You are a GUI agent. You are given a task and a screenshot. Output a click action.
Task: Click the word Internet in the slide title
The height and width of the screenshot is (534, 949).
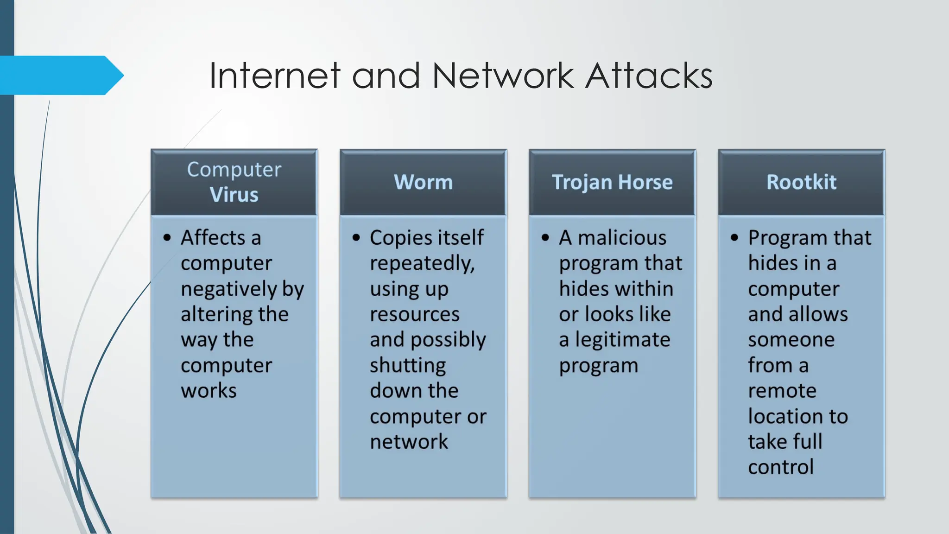[x=275, y=76]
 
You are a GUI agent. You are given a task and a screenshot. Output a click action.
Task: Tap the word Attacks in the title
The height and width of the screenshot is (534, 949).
[x=649, y=76]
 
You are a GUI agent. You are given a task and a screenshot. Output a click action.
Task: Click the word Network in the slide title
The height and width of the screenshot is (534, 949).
[x=503, y=76]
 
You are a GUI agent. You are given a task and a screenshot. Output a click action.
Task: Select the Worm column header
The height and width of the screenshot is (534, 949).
[x=423, y=182]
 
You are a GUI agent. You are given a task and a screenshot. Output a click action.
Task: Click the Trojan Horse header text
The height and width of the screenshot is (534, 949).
[x=612, y=182]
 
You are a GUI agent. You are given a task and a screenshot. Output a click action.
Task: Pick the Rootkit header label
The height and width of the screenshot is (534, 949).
[x=801, y=182]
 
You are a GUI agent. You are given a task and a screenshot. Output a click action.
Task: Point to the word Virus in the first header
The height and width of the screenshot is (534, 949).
[x=234, y=195]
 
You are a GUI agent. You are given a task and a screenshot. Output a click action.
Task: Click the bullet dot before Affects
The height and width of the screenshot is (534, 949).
[x=167, y=238]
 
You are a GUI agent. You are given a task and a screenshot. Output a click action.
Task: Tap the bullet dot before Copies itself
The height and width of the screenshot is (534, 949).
[x=356, y=238]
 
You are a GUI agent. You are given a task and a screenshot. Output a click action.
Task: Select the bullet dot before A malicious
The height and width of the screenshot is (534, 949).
[x=545, y=238]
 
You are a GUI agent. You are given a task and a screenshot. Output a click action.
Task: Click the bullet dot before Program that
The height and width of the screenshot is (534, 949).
[x=734, y=238]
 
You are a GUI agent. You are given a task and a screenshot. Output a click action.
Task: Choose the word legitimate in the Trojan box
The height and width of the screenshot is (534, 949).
[x=623, y=340]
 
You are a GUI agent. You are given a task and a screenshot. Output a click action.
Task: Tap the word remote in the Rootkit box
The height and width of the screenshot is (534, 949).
[x=782, y=391]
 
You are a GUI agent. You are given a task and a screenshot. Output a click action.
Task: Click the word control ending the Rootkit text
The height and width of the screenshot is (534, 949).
[x=781, y=467]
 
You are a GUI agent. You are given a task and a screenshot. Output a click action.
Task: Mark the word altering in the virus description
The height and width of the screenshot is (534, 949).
[x=216, y=315]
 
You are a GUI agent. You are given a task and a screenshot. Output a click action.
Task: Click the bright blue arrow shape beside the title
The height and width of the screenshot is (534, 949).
[x=60, y=75]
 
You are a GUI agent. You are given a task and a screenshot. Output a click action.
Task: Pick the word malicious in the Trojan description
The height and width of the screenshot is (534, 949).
[x=622, y=238]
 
